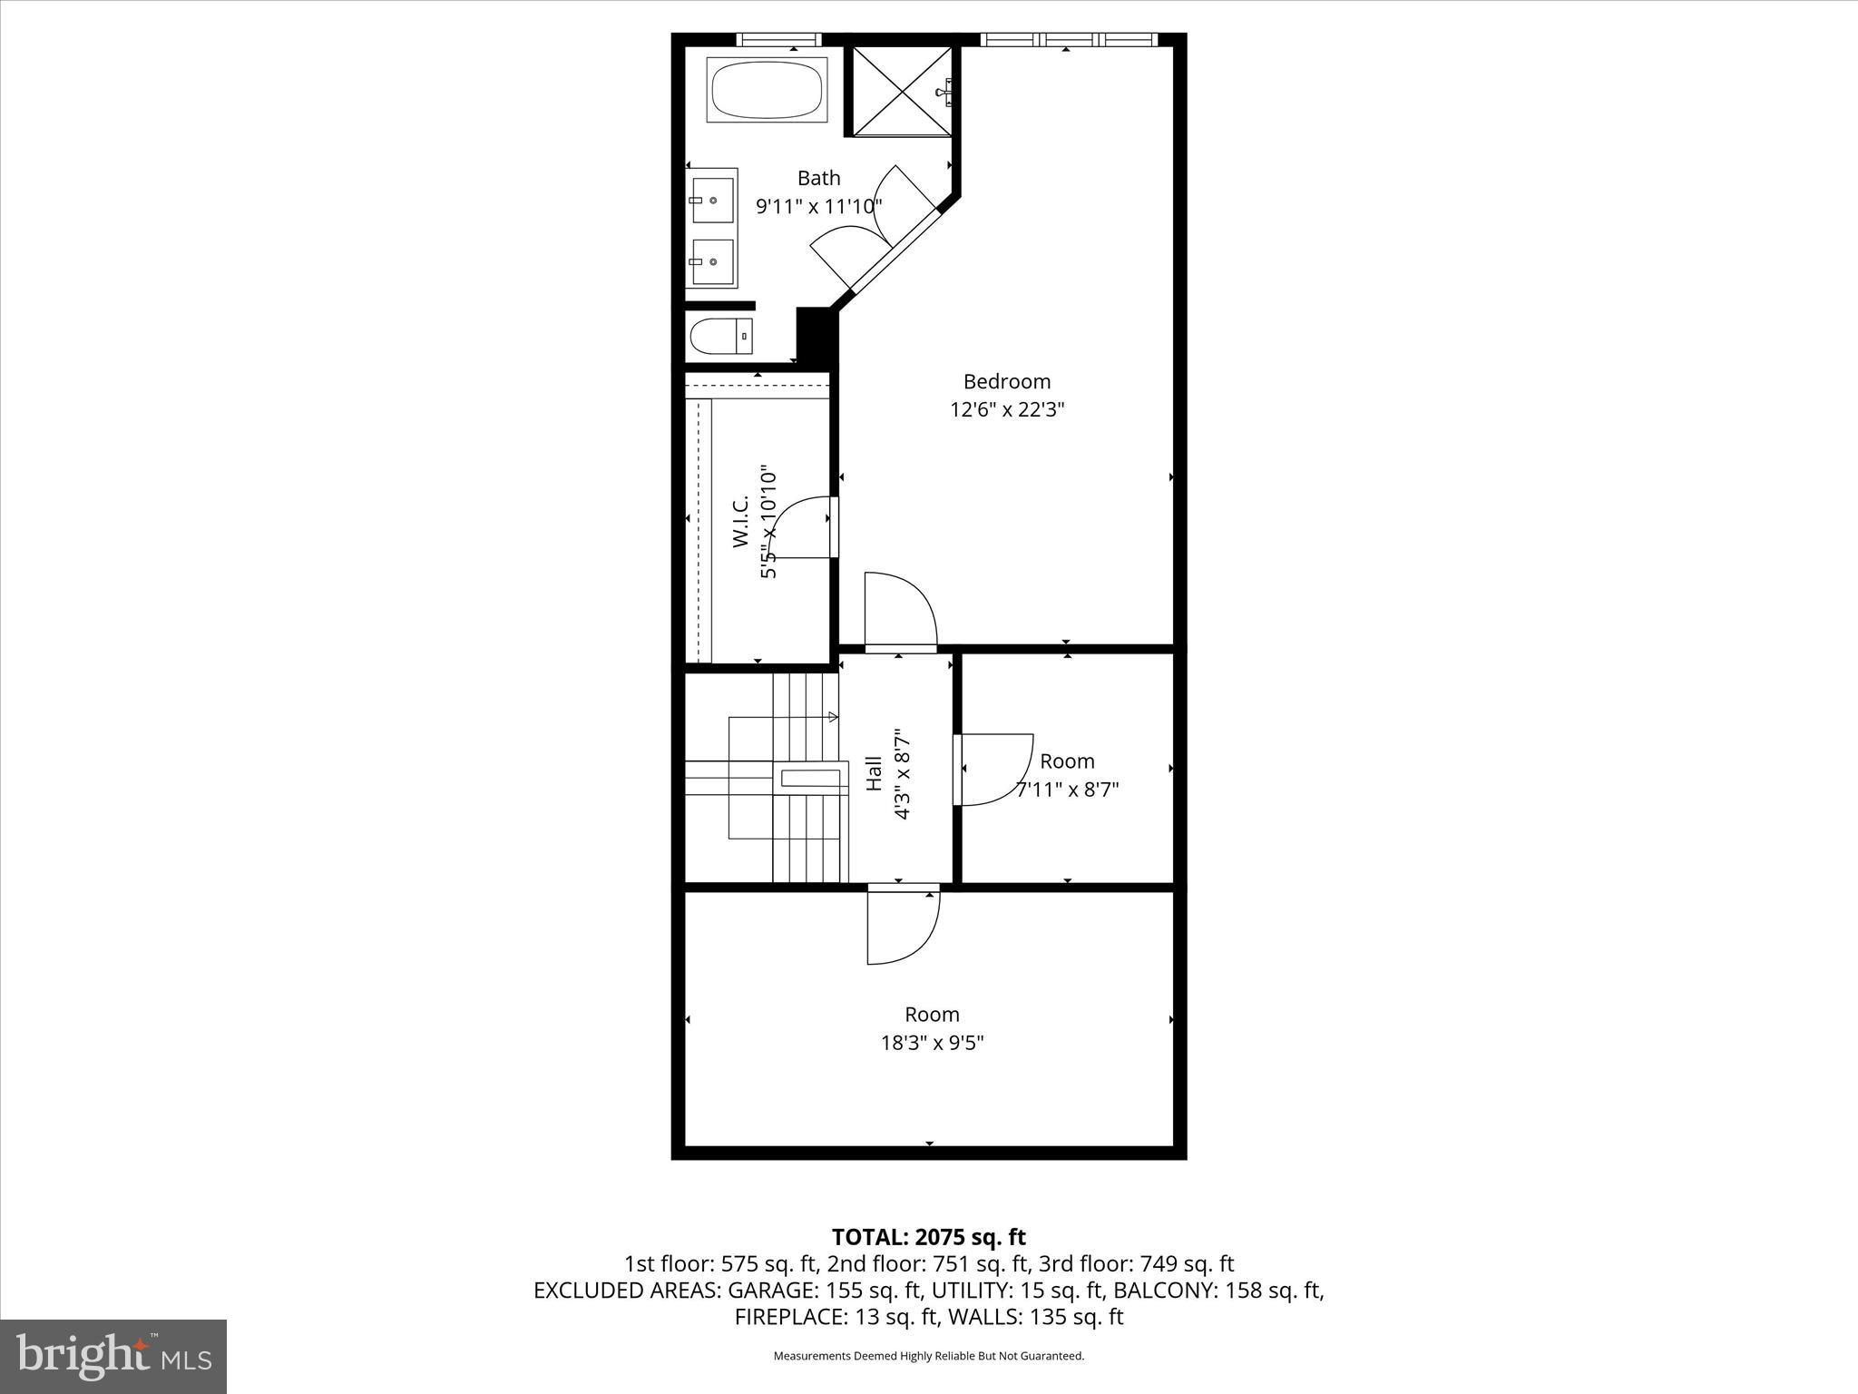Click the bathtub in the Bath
[767, 90]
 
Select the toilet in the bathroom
[719, 337]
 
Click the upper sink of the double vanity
[712, 200]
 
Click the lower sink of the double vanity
[712, 261]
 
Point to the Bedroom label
[1006, 381]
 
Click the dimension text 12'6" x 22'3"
[1006, 409]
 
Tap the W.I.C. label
[740, 522]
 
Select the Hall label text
[874, 773]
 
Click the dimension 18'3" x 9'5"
[932, 1043]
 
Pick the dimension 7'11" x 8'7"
[1067, 790]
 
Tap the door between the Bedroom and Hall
[898, 613]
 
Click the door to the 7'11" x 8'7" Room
[993, 768]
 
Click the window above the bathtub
[777, 39]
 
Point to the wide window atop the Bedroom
[1069, 39]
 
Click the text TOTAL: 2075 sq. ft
[928, 1237]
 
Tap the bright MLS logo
[113, 1356]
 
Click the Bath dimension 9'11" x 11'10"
[818, 207]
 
